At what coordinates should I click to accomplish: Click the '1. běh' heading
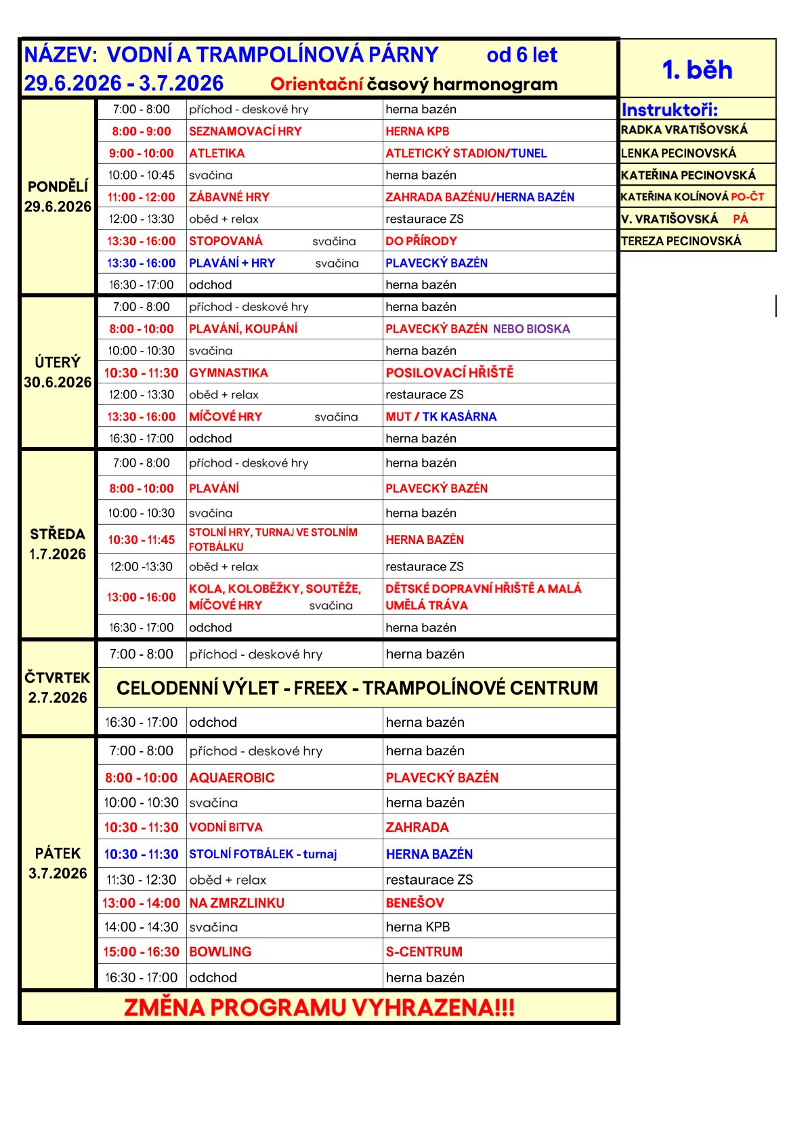tap(697, 70)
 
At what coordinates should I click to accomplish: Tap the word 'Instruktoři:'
tap(669, 110)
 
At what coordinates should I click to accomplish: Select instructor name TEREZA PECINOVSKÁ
tap(681, 241)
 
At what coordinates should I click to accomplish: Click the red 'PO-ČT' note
tap(747, 197)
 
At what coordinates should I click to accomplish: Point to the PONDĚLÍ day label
tap(58, 187)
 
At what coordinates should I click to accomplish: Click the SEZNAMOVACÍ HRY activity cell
tap(245, 131)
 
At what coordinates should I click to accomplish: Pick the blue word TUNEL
tap(529, 154)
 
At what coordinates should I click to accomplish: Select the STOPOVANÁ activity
tap(226, 241)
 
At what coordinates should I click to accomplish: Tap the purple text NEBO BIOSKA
tap(531, 329)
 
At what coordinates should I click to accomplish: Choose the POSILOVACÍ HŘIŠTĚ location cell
tap(450, 373)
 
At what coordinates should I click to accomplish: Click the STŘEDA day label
tap(58, 534)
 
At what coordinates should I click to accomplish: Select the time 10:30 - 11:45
tap(141, 540)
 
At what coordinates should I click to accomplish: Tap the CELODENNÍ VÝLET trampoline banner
tap(357, 688)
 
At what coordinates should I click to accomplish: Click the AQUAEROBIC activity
tap(232, 778)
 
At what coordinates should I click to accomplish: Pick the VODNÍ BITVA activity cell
tap(226, 828)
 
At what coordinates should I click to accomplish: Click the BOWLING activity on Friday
tap(220, 952)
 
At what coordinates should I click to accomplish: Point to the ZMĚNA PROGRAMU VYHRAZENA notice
tap(319, 1008)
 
